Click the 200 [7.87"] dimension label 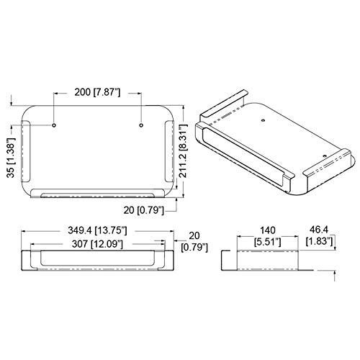(x=97, y=92)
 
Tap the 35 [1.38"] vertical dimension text (x=11, y=158)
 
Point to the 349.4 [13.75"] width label (x=97, y=230)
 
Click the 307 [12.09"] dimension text (x=97, y=244)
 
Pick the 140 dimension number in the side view (x=268, y=230)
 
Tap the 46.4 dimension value (x=318, y=230)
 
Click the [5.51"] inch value (x=268, y=242)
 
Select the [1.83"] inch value (x=319, y=241)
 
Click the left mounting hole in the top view (x=54, y=125)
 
